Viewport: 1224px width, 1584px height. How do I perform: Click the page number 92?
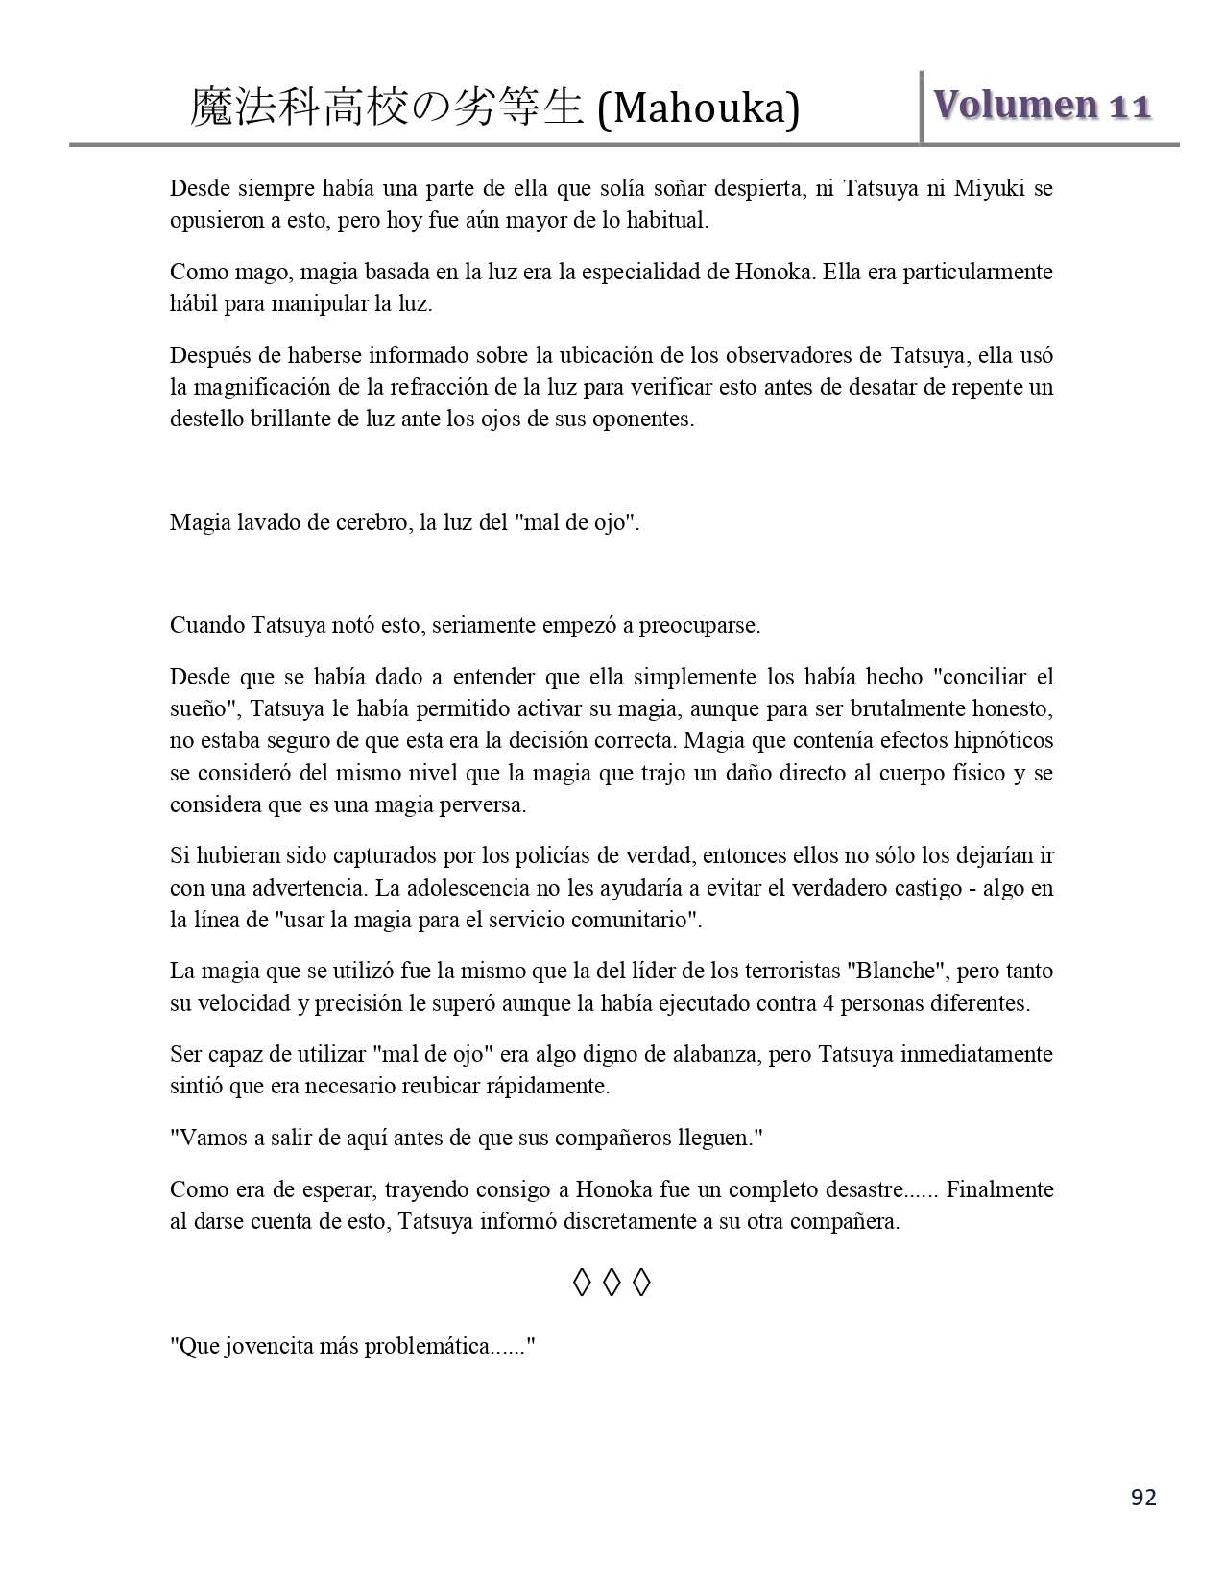[x=1143, y=1497]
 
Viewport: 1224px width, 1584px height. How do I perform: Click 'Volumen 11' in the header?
[x=1042, y=105]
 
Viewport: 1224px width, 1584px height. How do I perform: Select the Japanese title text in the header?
[x=387, y=108]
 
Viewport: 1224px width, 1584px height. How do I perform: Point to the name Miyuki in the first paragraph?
[x=987, y=188]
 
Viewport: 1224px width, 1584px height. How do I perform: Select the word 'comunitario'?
[x=640, y=920]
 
